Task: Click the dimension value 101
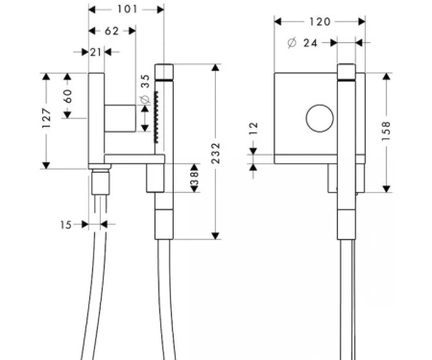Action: point(127,10)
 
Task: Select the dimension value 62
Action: point(111,31)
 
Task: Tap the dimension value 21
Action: point(96,52)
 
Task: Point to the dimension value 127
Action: point(47,118)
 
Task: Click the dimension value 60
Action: point(67,96)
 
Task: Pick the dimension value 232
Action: point(216,154)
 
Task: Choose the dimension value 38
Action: point(194,179)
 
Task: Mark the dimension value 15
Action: point(65,225)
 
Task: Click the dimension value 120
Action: point(320,22)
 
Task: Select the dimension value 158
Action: point(386,131)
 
